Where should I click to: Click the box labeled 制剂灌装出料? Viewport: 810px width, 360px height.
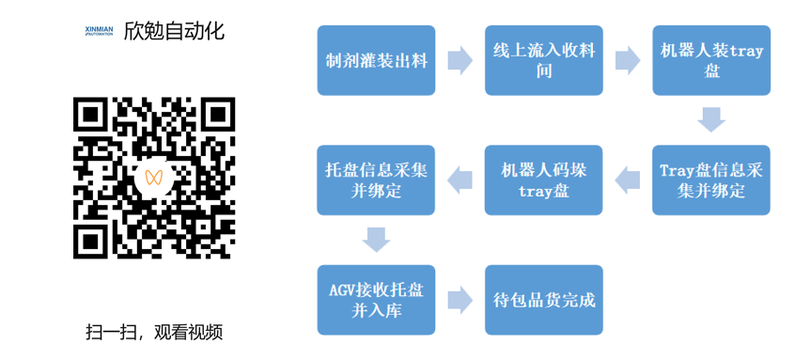point(376,61)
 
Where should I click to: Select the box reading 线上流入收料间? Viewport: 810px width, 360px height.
point(544,61)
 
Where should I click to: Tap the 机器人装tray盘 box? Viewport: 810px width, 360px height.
point(711,61)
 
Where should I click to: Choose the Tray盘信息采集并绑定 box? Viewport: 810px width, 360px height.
point(711,180)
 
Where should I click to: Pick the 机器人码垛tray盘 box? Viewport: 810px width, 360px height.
point(544,180)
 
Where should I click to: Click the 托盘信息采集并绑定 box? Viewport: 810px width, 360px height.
point(376,180)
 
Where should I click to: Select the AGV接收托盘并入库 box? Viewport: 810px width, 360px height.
point(376,300)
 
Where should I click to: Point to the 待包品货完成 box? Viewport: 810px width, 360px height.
point(544,300)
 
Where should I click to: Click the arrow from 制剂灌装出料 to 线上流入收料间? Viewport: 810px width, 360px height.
point(460,61)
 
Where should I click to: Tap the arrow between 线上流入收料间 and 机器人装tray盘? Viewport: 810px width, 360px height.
point(628,61)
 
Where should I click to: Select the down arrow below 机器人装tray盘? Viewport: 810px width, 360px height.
point(711,120)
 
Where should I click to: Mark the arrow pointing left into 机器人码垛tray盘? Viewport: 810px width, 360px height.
point(628,180)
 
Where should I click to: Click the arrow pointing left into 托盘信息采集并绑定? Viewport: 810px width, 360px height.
point(460,180)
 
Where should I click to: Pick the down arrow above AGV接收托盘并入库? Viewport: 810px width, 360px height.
point(376,240)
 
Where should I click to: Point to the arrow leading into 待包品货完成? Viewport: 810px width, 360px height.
point(460,300)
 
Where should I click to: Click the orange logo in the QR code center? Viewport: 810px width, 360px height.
point(155,178)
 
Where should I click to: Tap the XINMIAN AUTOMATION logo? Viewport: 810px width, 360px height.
point(98,31)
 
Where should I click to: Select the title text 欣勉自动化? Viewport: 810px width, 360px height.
point(175,31)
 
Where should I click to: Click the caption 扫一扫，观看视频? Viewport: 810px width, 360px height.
point(154,332)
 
